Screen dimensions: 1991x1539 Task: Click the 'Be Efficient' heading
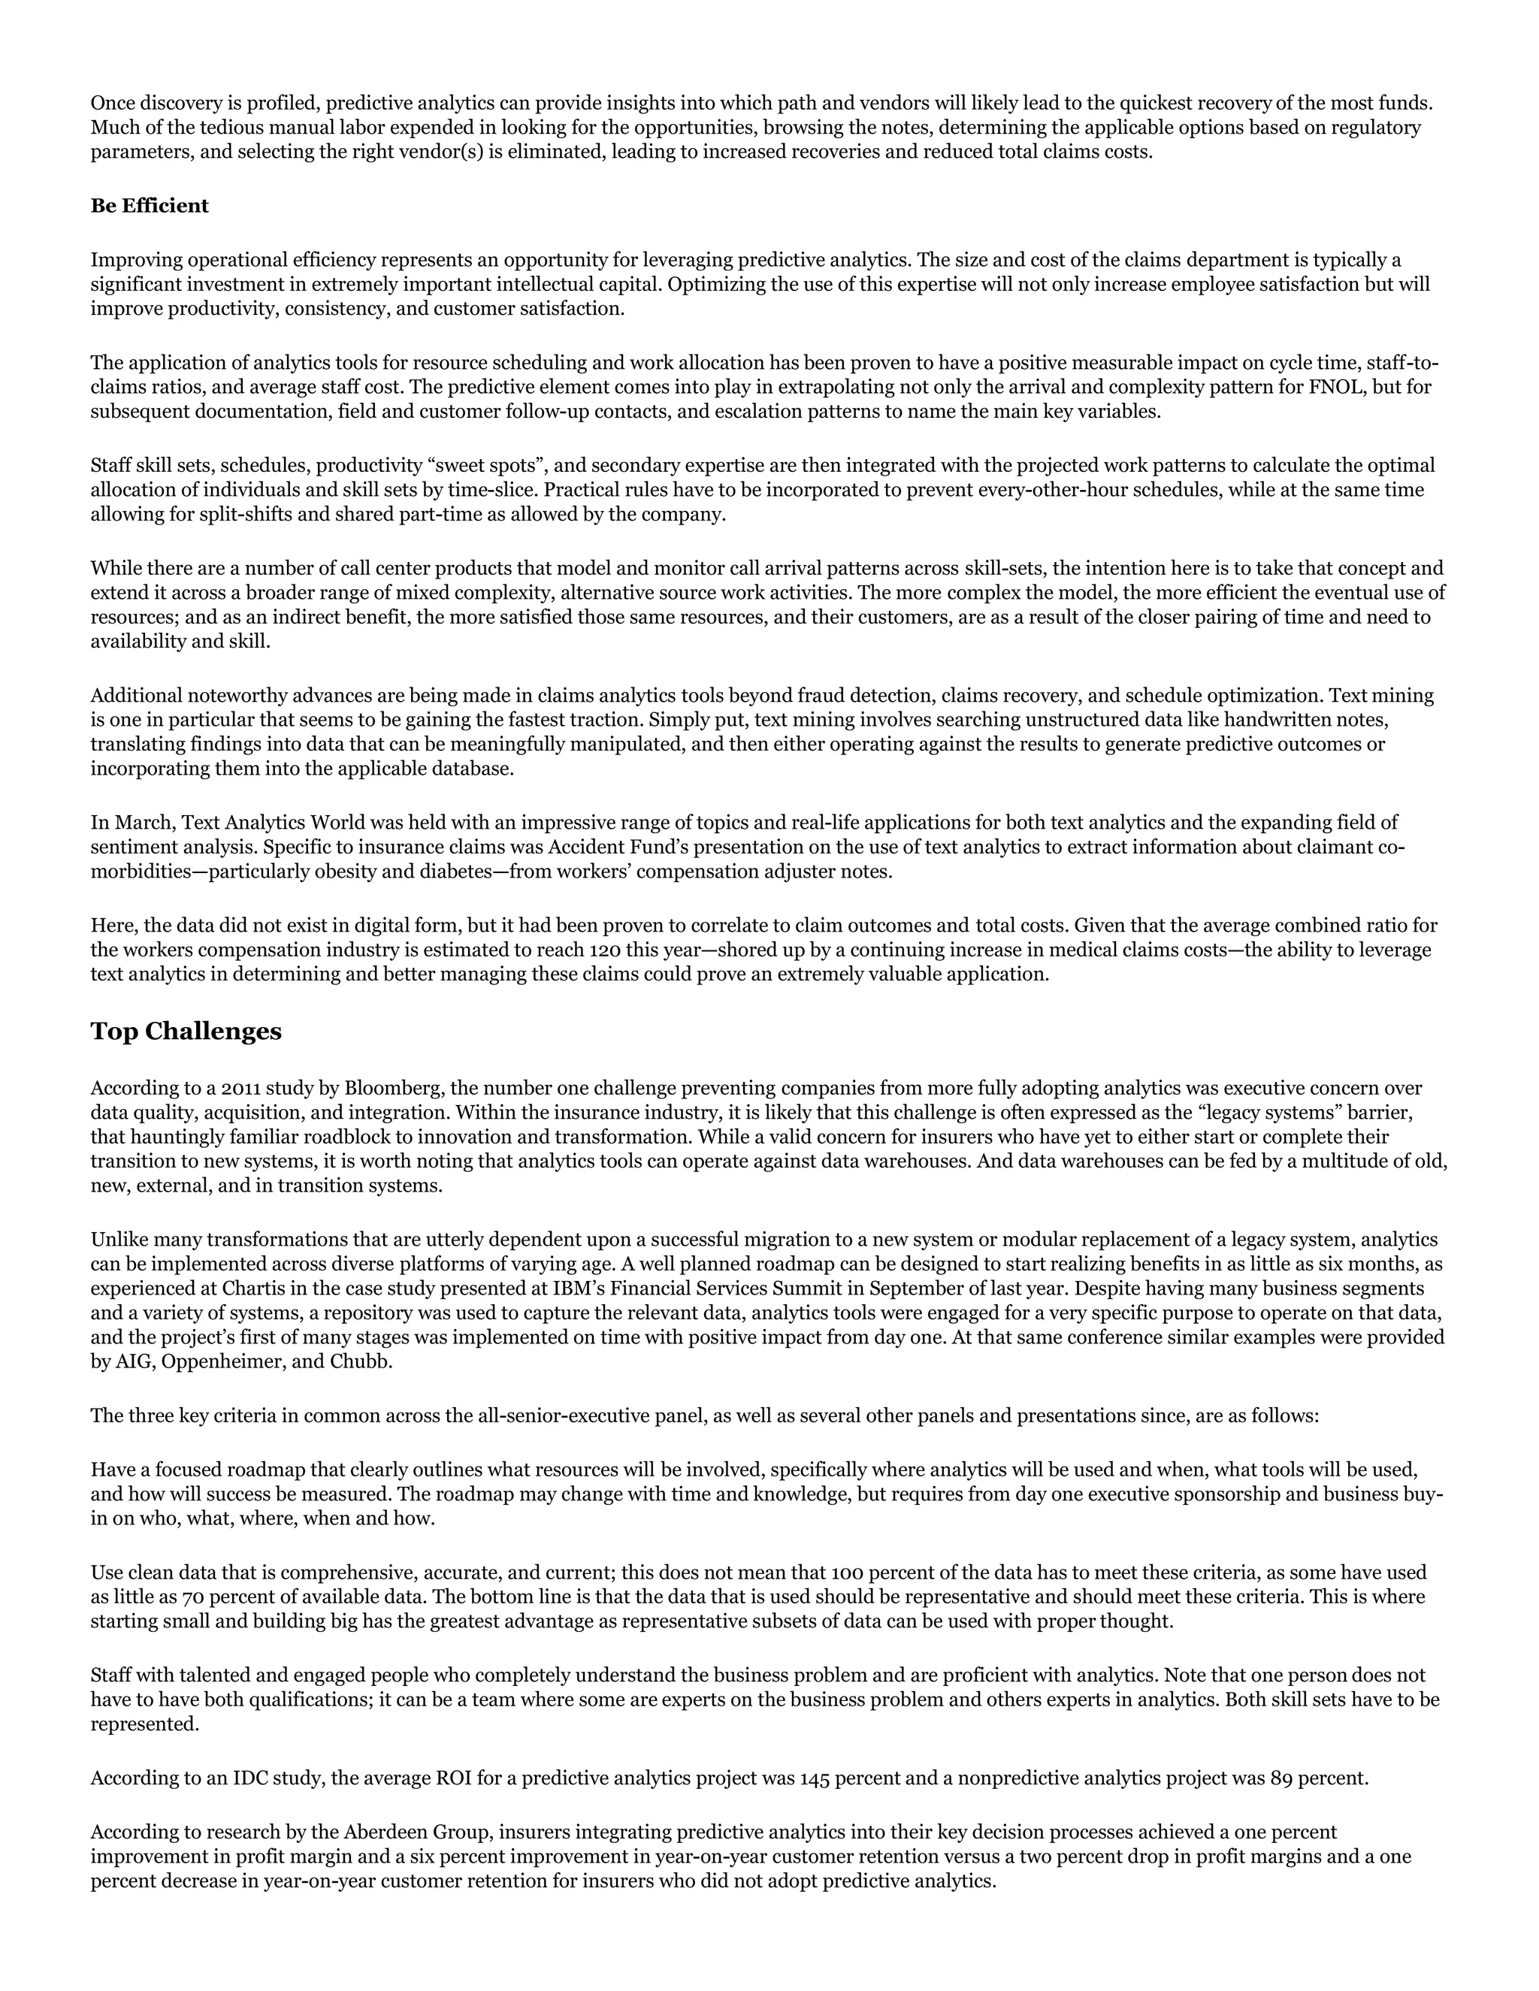(x=150, y=206)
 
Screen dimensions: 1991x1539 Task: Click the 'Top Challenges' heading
(x=186, y=1031)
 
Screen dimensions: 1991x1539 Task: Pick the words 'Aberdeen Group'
(x=418, y=1832)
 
